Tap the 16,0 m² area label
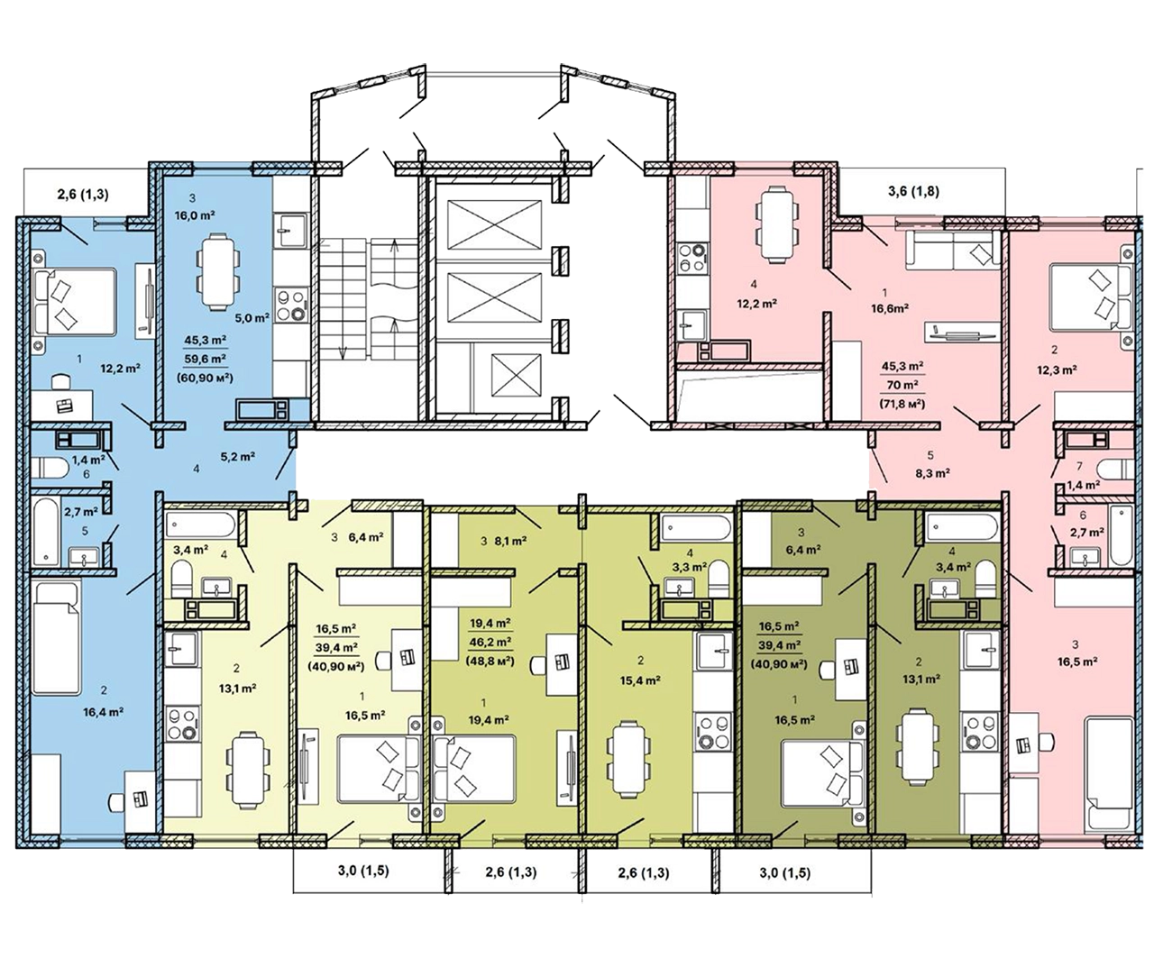pos(195,215)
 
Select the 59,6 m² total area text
pos(205,358)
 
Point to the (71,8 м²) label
pos(902,404)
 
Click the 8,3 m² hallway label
pos(932,473)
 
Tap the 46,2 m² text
pos(490,642)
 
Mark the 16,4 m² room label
pos(104,712)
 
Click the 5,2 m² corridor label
pos(237,456)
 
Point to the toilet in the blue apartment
pos(50,469)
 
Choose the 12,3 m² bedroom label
pos(1056,370)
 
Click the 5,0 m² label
pos(252,318)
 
